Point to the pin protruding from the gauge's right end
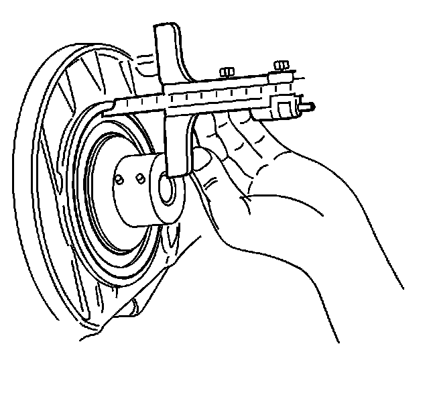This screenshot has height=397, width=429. pos(310,105)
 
